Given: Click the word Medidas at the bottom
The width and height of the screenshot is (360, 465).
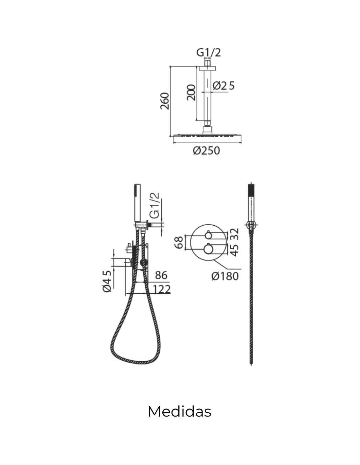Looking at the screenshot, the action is (179, 411).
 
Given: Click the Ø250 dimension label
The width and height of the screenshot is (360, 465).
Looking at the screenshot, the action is (206, 150).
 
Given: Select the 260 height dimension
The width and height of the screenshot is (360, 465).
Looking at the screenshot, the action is (165, 101).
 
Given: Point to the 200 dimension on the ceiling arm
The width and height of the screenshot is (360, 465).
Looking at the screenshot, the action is (191, 92).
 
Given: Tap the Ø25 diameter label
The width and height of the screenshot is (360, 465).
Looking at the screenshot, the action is (224, 86).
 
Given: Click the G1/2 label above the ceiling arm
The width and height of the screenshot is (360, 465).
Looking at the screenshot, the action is (208, 53).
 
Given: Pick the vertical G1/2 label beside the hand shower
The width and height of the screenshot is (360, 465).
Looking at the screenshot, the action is (154, 205).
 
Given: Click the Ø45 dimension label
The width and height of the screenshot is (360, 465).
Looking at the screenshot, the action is (107, 281).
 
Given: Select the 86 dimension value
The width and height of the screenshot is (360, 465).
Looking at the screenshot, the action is (161, 275).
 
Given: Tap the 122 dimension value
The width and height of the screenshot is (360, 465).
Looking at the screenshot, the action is (162, 289).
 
